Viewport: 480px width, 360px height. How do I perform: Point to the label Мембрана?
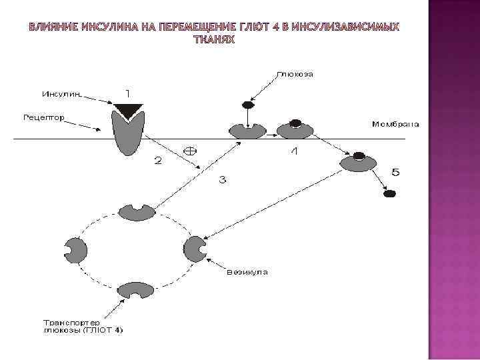tap(395, 124)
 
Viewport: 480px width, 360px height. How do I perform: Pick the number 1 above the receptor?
tap(128, 91)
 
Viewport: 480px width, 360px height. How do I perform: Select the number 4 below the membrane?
tap(294, 152)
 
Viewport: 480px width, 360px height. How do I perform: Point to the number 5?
tap(395, 173)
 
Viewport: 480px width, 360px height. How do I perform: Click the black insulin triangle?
tap(127, 110)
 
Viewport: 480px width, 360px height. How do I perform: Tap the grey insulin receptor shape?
tap(128, 133)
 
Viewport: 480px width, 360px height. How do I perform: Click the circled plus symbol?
tap(190, 149)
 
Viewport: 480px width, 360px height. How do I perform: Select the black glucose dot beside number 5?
tap(390, 194)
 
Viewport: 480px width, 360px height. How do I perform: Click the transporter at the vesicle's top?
tap(137, 212)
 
